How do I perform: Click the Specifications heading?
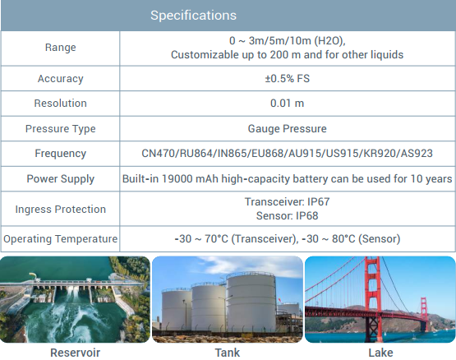pos(193,16)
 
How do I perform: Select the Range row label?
pos(61,48)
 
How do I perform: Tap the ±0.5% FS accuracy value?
pos(288,79)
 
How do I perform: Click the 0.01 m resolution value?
pos(288,104)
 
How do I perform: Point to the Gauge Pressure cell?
pos(288,129)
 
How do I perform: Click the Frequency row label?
pos(61,154)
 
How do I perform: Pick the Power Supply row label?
pos(61,178)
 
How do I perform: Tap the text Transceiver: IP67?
pos(288,201)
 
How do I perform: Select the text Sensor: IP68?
pos(288,215)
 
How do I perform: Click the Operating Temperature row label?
pos(61,239)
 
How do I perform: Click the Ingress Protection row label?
pos(61,210)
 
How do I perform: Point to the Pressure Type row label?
pos(61,129)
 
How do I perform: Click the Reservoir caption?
pos(75,353)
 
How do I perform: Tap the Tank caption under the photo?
pos(228,353)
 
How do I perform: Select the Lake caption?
pos(380,353)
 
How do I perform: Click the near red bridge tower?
pos(372,300)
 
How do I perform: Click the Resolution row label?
pos(61,104)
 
